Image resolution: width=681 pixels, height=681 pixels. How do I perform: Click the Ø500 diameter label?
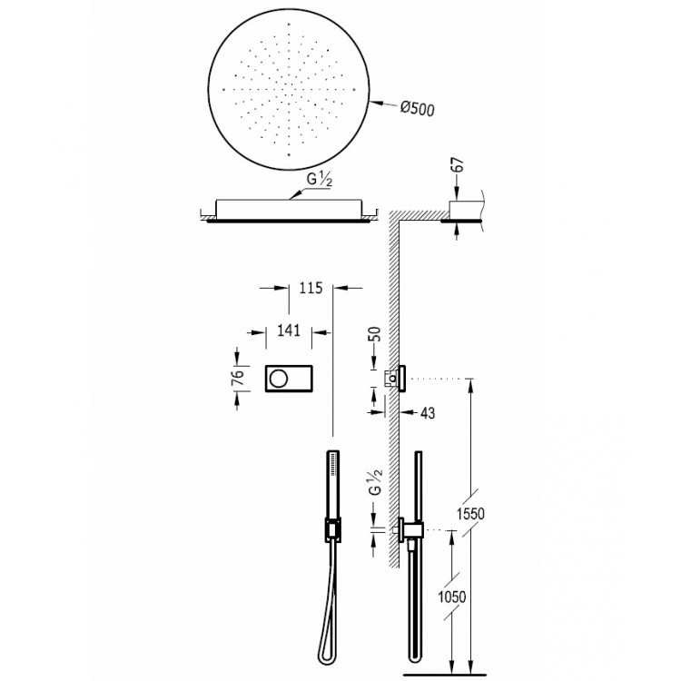coord(418,109)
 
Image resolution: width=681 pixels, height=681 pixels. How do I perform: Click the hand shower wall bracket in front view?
coord(332,528)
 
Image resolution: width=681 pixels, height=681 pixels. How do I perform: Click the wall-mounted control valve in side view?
coord(399,377)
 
